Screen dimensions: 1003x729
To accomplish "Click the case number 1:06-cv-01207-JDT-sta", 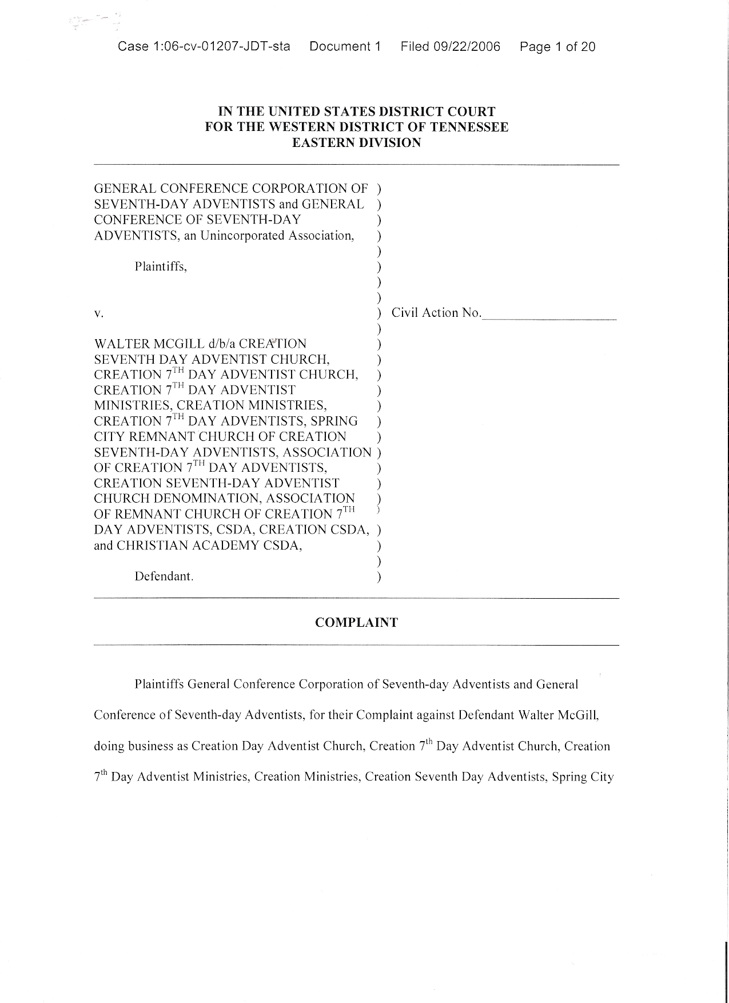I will pyautogui.click(x=204, y=47).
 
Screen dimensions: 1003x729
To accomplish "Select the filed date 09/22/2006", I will pyautogui.click(x=467, y=47).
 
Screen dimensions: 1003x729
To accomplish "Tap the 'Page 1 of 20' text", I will pyautogui.click(x=557, y=47).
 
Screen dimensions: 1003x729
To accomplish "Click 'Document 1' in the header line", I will pyautogui.click(x=345, y=47).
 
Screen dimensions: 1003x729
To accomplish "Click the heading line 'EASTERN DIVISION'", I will pyautogui.click(x=356, y=143).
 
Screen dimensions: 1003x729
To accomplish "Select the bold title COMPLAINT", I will pyautogui.click(x=356, y=623).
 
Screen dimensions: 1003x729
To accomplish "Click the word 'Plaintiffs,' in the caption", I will pyautogui.click(x=161, y=266).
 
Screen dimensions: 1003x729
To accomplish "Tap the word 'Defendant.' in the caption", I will pyautogui.click(x=164, y=576).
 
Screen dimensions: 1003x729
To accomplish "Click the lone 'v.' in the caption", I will pyautogui.click(x=98, y=313).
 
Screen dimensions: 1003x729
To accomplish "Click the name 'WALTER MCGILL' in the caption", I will pyautogui.click(x=149, y=344).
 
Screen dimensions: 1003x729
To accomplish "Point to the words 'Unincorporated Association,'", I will pyautogui.click(x=277, y=236).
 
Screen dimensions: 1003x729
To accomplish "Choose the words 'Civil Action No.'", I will pyautogui.click(x=436, y=313).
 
